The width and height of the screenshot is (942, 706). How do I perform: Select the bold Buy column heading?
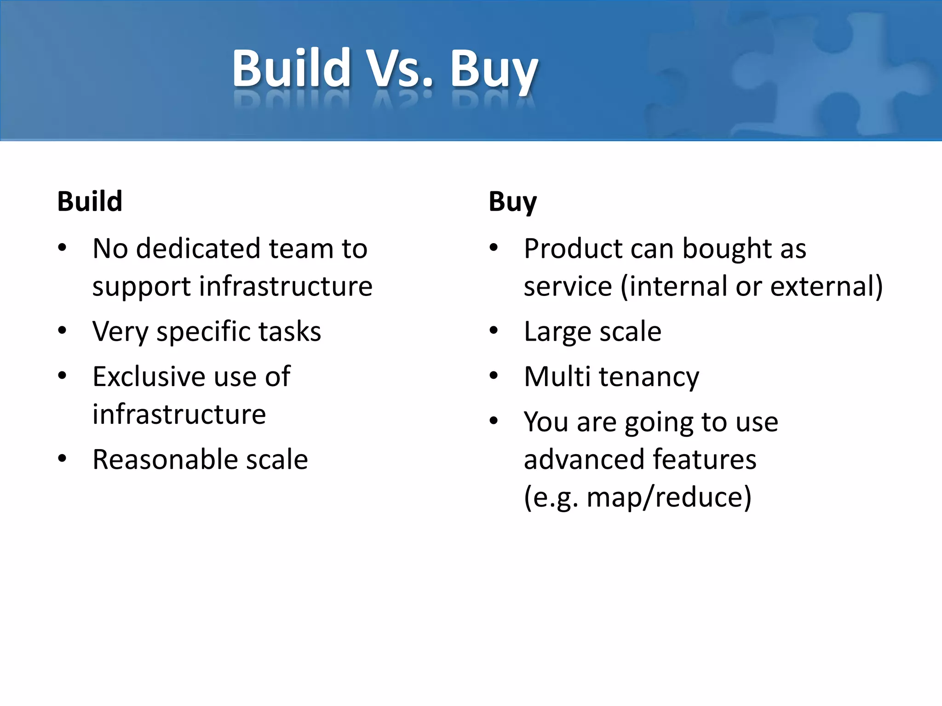512,202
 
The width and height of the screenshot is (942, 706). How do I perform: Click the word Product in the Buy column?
573,249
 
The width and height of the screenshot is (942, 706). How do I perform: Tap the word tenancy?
649,377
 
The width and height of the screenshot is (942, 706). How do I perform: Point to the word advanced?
584,459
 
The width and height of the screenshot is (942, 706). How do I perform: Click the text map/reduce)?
669,497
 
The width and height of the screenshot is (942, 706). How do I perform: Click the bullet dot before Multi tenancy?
494,376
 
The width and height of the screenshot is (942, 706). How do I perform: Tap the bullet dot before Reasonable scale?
62,458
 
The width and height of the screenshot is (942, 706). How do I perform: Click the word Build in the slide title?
292,69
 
